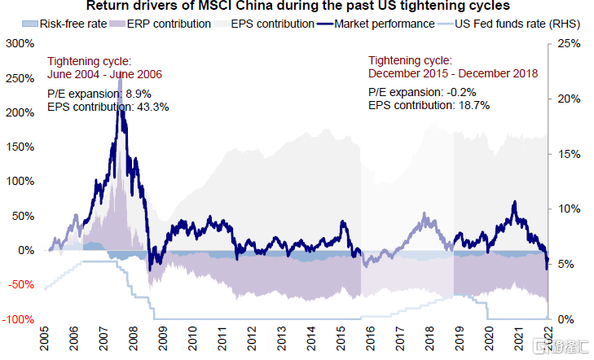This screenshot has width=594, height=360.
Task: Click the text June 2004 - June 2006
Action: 104,74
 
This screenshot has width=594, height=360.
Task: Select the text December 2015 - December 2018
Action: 452,74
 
